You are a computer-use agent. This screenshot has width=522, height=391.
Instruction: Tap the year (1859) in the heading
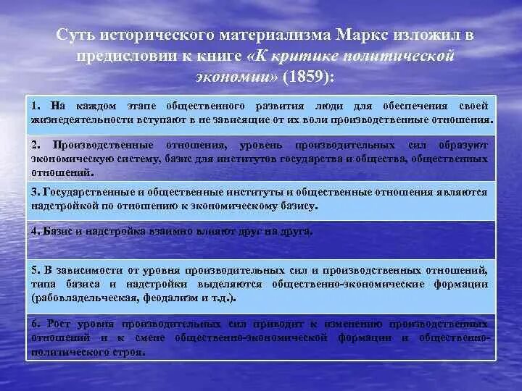310,75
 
